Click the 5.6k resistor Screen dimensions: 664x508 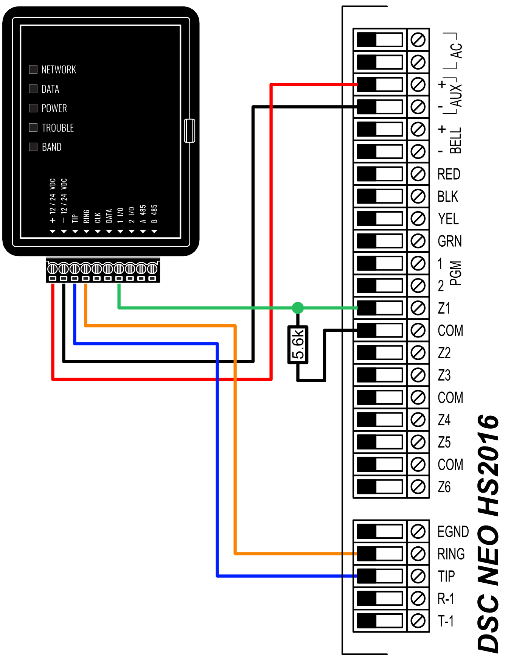tap(298, 345)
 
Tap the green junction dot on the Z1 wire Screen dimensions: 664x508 tap(298, 308)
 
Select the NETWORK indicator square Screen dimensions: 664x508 tap(33, 69)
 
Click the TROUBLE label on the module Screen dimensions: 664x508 tap(57, 128)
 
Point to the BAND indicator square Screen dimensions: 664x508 tap(33, 147)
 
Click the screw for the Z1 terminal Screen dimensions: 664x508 tap(418, 308)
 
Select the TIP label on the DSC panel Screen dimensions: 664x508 tap(446, 576)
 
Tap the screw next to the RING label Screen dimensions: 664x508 tap(418, 554)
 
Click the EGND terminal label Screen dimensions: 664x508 tap(453, 532)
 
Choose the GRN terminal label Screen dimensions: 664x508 tap(449, 241)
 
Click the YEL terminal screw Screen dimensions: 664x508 tap(418, 219)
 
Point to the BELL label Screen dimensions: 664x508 tap(455, 140)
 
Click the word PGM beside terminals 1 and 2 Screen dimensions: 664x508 tap(456, 273)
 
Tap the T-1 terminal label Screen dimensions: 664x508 tap(446, 621)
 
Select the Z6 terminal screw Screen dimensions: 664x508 tap(418, 487)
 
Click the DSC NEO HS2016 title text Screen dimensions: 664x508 tap(488, 533)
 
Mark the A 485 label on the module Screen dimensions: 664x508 tap(143, 214)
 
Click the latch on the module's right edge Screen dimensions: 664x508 tap(190, 131)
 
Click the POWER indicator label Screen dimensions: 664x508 tap(54, 108)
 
